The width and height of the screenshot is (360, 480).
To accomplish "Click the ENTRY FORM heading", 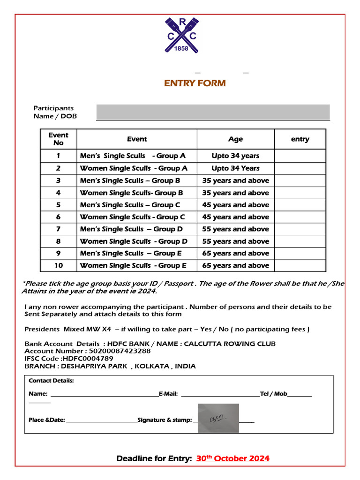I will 195,83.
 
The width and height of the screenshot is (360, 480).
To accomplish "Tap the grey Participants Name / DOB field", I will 213,112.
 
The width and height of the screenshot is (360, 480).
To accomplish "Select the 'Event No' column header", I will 58,139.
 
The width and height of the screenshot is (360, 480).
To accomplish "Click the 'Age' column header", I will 235,139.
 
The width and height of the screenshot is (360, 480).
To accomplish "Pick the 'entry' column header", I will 300,139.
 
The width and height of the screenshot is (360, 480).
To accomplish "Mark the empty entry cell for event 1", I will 300,156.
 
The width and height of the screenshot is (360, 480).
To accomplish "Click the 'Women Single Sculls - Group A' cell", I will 134,168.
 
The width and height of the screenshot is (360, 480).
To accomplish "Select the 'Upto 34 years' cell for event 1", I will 235,156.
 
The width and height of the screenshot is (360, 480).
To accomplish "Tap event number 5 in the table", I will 58,205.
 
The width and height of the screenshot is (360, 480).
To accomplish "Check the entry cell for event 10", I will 300,266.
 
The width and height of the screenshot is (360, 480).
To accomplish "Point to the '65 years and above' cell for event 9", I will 235,254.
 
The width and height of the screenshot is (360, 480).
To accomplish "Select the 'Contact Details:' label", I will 51,381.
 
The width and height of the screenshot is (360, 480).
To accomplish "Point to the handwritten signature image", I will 218,418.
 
